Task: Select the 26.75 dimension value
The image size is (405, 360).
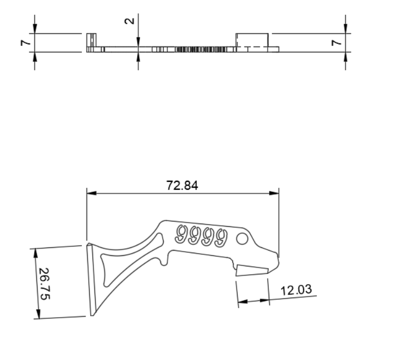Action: point(45,283)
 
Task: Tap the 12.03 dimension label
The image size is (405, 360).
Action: point(296,290)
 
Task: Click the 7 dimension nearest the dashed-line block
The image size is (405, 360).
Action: point(336,43)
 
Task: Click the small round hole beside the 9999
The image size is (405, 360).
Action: point(242,239)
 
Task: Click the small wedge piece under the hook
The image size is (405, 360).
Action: point(251,271)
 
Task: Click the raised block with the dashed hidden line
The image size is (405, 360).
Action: point(252,40)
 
